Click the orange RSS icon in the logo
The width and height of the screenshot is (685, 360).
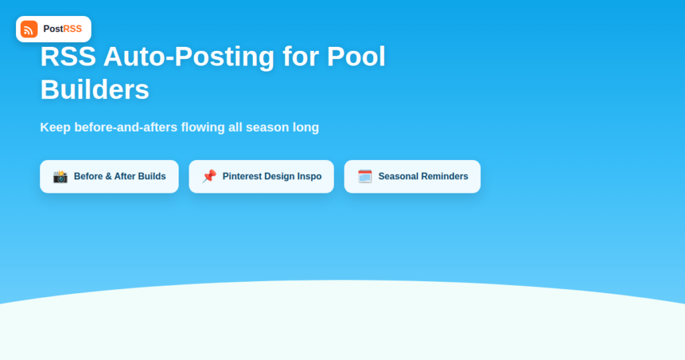coord(29,29)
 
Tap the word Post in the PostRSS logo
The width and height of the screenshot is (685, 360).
coord(54,29)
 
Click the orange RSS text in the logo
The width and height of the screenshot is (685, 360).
coord(72,29)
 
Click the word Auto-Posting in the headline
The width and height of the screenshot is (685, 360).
coord(189,56)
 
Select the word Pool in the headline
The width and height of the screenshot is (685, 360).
coord(356,56)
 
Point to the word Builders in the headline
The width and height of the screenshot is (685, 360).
coord(95,90)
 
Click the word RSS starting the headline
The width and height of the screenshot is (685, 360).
coord(68,56)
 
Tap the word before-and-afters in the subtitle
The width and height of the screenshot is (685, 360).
coord(126,127)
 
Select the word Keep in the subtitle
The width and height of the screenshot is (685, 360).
coord(56,127)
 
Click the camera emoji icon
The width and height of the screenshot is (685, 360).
coord(60,177)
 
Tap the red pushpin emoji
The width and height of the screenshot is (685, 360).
coord(209,177)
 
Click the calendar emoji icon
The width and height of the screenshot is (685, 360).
coord(365,177)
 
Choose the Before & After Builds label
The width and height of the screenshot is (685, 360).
coord(120,177)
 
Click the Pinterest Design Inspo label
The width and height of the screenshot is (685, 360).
coord(272,177)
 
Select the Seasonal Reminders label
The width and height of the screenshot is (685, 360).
coord(423,177)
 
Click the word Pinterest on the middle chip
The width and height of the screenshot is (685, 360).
coord(242,177)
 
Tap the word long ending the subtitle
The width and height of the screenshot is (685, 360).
coord(306,128)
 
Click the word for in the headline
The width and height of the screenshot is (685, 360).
coord(300,56)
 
